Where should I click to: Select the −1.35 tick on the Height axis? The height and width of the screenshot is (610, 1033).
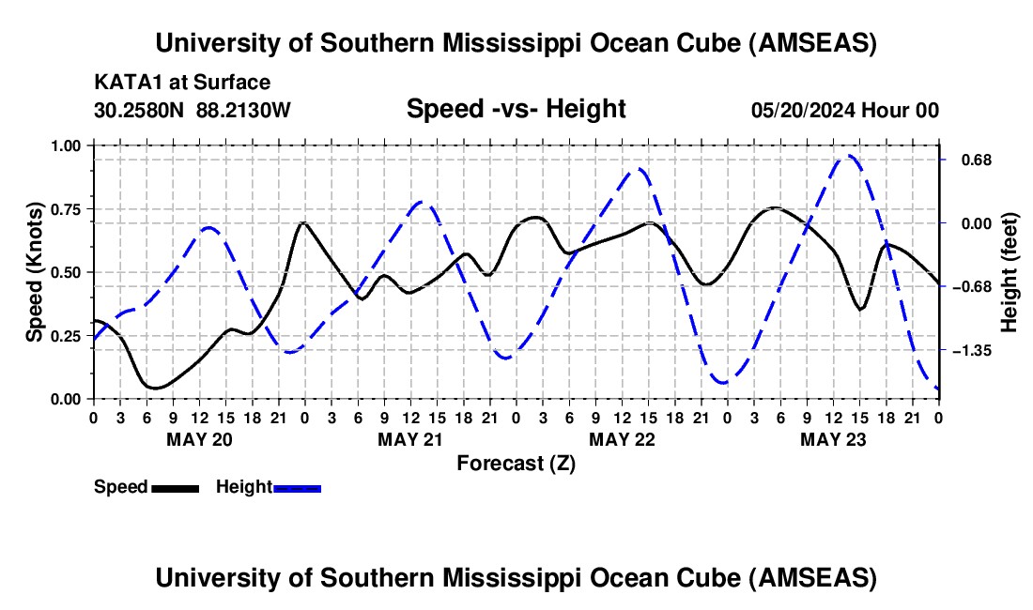click(972, 351)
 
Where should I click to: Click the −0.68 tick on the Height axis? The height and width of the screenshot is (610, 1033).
click(972, 287)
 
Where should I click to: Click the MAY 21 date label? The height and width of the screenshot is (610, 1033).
click(409, 439)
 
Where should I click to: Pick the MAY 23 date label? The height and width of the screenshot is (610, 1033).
click(833, 439)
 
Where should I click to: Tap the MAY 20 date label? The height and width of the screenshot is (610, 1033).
click(199, 439)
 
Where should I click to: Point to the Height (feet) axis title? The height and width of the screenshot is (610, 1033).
click(1010, 272)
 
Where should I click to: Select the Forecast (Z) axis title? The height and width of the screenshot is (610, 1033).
click(516, 464)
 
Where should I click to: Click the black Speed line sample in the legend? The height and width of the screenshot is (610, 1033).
click(176, 488)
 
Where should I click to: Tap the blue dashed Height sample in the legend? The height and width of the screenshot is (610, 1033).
click(297, 488)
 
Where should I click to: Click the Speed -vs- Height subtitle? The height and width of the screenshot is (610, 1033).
click(516, 109)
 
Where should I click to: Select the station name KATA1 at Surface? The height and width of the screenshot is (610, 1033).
click(182, 83)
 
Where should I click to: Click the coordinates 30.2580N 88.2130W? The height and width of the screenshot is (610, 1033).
click(193, 110)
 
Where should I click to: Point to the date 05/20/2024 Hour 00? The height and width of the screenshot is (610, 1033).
click(845, 110)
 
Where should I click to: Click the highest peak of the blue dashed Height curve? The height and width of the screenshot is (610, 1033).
click(849, 156)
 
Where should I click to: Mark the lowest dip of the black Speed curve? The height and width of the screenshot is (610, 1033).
click(156, 389)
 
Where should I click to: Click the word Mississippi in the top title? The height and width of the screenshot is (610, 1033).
click(511, 43)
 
